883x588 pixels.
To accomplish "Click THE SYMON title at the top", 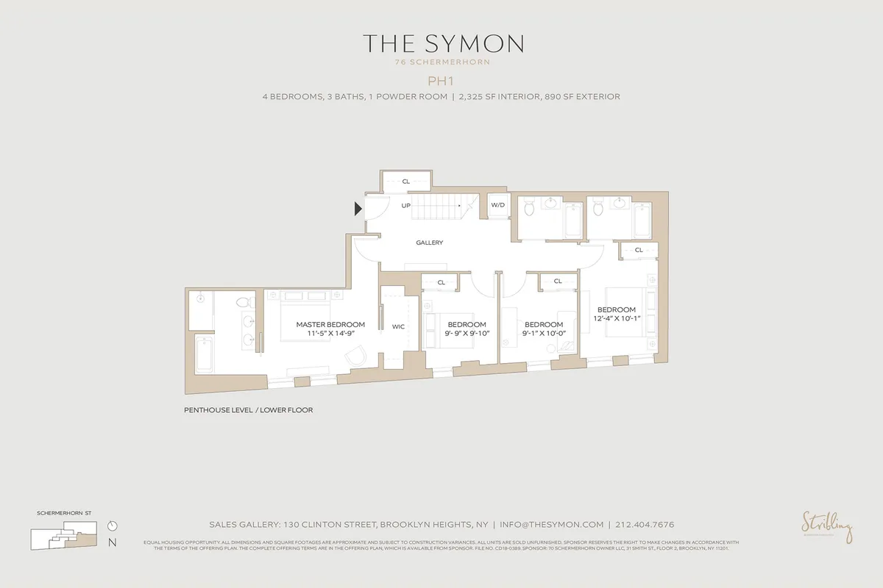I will (x=442, y=43).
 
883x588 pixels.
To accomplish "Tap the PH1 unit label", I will (x=442, y=80).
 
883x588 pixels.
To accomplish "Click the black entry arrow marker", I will (x=358, y=209).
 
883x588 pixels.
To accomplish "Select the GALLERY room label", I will (x=429, y=243).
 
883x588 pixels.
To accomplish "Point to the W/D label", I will (x=498, y=205).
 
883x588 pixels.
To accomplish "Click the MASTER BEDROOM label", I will (x=330, y=324).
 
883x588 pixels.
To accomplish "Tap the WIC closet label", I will (x=399, y=326).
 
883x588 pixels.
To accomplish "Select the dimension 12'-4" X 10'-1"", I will (x=617, y=319).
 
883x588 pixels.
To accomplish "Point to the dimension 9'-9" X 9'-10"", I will (x=467, y=334).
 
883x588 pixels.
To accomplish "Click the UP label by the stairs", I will (x=405, y=206).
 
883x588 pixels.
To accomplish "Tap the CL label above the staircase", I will (x=405, y=181).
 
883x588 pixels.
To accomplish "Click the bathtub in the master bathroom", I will (x=202, y=354).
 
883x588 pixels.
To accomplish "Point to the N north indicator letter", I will (x=112, y=543).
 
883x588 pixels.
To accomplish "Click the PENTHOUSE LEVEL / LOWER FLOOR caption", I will (x=249, y=410).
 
